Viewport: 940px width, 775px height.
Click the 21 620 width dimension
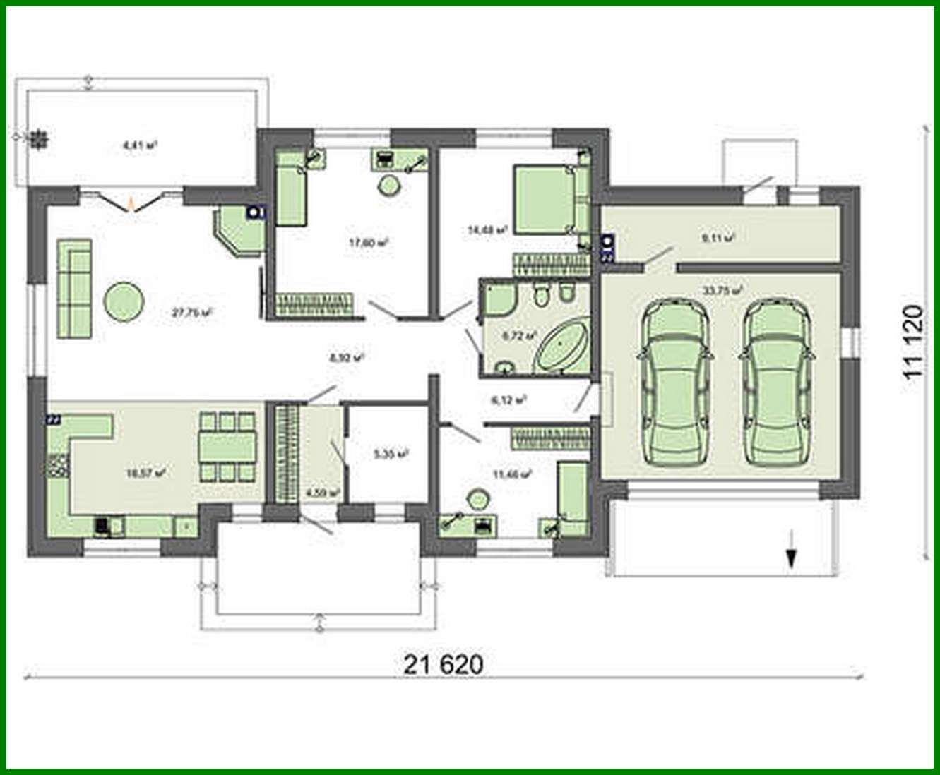[x=444, y=664]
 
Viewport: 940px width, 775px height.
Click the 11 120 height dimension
[x=912, y=344]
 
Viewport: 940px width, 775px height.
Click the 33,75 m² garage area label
[x=721, y=290]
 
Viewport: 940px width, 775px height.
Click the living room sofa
[x=73, y=288]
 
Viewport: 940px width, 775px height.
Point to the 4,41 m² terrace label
[x=139, y=146]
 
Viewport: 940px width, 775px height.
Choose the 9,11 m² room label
[x=718, y=238]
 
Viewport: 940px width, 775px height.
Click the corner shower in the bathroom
[x=499, y=299]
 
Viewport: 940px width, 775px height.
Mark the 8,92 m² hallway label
[x=346, y=358]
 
